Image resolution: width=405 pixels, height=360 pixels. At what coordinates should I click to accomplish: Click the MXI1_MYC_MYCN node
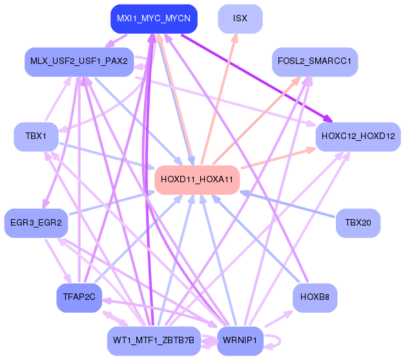(153, 19)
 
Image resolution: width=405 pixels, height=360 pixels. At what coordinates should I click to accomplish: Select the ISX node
(240, 19)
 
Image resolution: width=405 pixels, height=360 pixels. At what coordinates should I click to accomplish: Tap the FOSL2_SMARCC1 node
(315, 61)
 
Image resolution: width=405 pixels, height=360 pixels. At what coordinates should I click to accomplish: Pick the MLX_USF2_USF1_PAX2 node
(79, 61)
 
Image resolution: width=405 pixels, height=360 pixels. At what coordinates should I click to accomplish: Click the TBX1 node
(36, 136)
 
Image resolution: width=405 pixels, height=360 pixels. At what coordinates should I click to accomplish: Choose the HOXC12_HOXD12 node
(358, 136)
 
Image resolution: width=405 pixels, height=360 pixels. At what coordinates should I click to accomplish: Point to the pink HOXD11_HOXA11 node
(197, 180)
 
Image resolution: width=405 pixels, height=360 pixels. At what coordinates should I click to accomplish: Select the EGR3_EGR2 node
(36, 223)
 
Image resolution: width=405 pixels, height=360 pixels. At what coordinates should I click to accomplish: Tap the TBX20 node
(358, 223)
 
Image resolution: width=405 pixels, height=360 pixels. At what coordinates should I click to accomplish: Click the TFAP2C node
(79, 297)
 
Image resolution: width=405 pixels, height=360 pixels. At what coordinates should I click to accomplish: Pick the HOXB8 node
(315, 297)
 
